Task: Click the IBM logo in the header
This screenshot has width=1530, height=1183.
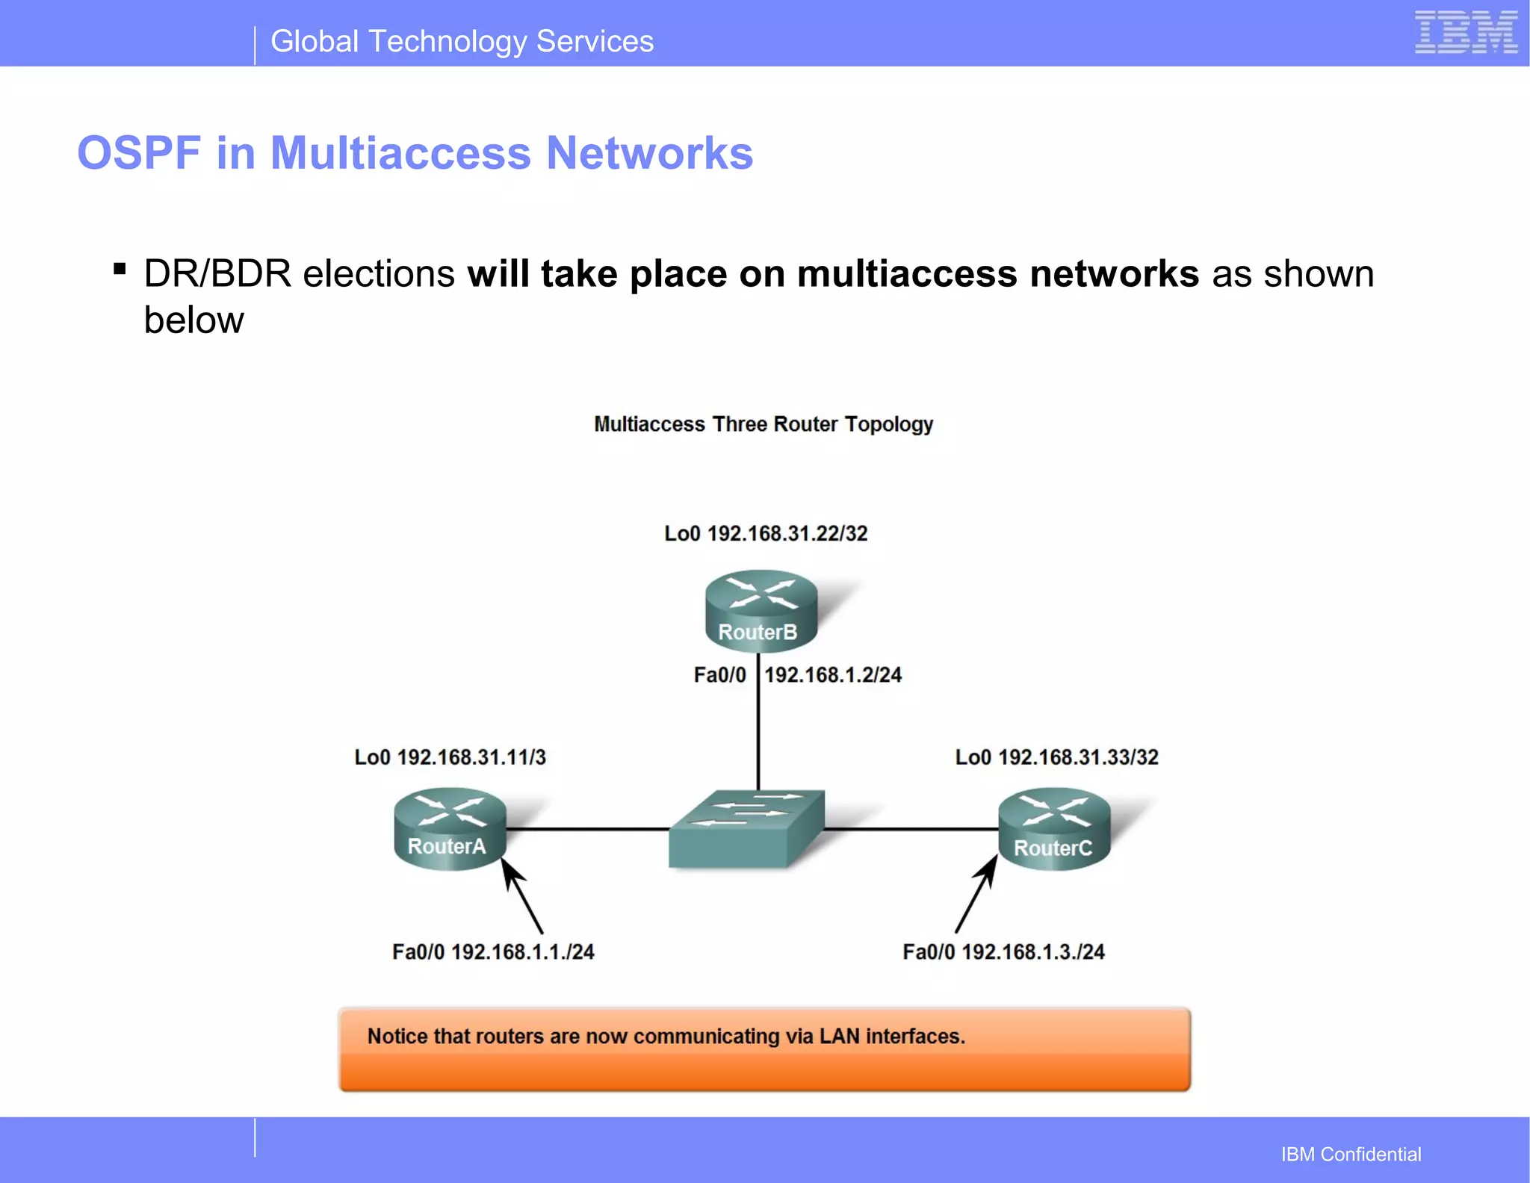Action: coord(1466,33)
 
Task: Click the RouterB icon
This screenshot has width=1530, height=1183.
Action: coord(761,610)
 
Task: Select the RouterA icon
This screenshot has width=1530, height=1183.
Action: coord(450,828)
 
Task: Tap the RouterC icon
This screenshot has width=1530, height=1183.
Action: coord(1054,829)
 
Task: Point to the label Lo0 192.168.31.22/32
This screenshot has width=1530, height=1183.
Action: coord(766,533)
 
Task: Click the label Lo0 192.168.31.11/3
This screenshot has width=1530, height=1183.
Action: coord(450,757)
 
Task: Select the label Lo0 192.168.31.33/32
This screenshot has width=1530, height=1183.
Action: coord(1056,757)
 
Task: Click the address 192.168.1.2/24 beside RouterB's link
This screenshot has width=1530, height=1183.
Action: coord(833,675)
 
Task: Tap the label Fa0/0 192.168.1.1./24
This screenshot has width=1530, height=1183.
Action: coord(493,952)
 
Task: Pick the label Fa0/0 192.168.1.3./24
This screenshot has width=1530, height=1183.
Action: coord(1003,952)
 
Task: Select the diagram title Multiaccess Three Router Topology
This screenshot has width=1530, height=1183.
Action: coord(763,424)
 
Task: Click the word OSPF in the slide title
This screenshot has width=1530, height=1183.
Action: coord(139,153)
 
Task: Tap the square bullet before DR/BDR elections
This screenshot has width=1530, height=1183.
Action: coord(120,268)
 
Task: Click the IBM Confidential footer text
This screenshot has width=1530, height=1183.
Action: coord(1351,1154)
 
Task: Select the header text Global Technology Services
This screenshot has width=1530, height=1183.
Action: coord(462,42)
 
